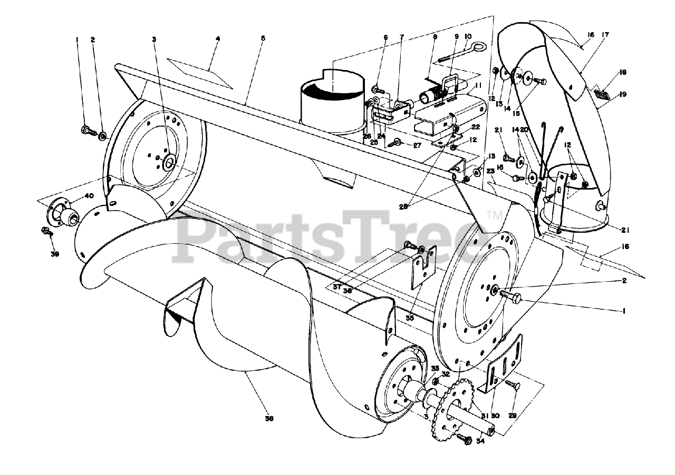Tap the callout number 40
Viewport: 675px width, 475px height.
[89, 196]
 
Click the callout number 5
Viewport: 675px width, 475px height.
[263, 38]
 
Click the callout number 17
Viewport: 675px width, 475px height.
[604, 35]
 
